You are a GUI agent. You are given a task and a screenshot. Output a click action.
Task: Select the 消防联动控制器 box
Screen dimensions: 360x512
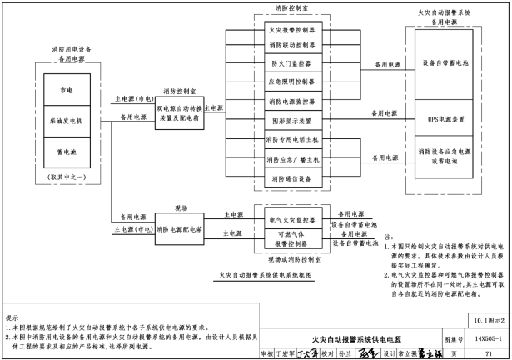point(292,45)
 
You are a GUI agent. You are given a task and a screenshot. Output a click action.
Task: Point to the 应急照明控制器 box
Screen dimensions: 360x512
point(292,82)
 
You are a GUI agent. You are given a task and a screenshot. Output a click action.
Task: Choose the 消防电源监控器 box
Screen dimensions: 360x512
point(292,102)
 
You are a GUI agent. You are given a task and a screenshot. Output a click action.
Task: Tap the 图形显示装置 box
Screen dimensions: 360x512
point(292,120)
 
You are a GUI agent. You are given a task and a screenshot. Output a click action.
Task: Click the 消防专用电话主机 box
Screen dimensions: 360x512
point(292,139)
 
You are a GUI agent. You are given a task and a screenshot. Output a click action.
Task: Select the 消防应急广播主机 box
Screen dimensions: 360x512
point(292,158)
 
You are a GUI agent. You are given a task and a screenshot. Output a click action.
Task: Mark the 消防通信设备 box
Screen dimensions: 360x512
point(292,177)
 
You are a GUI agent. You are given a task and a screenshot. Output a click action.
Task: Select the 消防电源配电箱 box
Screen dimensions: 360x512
point(180,227)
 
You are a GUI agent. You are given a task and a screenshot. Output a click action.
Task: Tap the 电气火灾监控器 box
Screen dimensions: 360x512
point(292,220)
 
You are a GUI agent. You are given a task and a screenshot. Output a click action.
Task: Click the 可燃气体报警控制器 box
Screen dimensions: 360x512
point(292,240)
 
